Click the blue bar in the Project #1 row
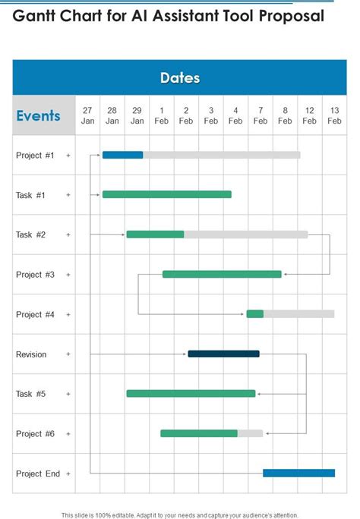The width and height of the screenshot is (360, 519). tap(122, 155)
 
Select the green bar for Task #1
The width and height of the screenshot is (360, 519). tap(166, 194)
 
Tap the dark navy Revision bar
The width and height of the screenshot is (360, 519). tap(223, 354)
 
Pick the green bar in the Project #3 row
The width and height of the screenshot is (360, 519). tap(222, 274)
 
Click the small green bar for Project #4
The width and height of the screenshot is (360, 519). tap(254, 313)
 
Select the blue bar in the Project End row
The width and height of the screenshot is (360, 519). tap(298, 473)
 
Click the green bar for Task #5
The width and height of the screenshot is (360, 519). tap(191, 393)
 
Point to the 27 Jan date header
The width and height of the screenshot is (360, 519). tap(87, 115)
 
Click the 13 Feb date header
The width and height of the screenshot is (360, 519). tap(334, 115)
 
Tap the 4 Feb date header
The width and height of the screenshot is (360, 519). tap(235, 115)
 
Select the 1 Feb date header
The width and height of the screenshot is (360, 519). tap(162, 115)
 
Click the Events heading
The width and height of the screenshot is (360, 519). tap(38, 116)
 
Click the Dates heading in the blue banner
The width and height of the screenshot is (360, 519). tap(180, 78)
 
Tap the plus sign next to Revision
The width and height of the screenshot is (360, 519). tap(68, 354)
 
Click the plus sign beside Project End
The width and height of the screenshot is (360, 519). tap(68, 473)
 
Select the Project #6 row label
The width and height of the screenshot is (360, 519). tap(35, 434)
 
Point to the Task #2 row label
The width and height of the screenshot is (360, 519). tap(31, 234)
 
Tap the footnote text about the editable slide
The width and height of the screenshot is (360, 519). tap(180, 514)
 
